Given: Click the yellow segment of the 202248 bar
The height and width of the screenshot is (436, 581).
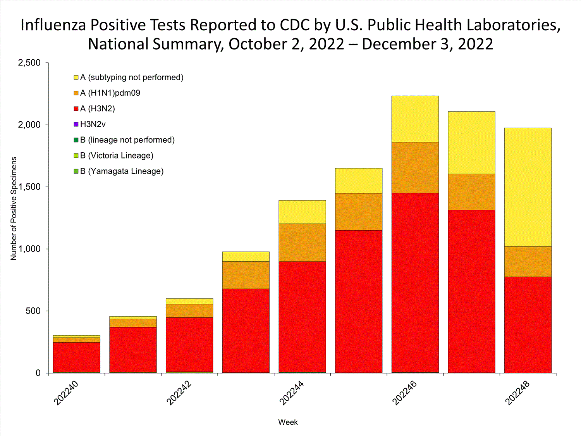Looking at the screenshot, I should tap(528, 187).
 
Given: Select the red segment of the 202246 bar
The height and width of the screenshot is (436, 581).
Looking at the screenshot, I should tap(415, 283).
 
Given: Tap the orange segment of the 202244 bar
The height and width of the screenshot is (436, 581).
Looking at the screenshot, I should tap(302, 243).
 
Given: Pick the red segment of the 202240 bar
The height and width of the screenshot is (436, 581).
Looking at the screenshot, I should tap(76, 357).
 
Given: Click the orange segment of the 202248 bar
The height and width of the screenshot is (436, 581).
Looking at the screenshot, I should tap(528, 262).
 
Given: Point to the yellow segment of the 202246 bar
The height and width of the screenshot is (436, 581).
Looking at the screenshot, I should tap(415, 119).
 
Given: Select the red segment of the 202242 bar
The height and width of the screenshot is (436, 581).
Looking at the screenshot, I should tap(189, 345).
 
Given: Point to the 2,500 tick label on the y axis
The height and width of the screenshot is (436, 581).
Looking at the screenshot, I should tap(29, 63).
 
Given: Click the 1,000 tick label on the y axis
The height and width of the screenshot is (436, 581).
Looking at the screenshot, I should tap(29, 249).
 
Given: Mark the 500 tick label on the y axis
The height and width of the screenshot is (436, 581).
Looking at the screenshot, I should tap(33, 311).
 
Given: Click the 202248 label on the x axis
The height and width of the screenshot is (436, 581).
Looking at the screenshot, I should tap(517, 393).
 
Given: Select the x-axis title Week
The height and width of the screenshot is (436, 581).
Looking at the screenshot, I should tap(288, 422).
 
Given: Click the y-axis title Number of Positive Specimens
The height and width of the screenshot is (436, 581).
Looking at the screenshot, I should tap(14, 209).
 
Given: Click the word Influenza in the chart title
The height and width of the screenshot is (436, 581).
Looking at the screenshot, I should tap(53, 25).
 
